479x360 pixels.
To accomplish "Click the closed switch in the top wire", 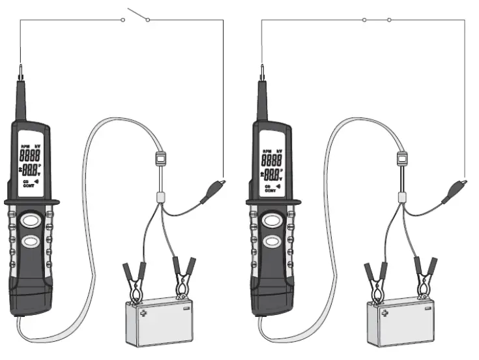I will pos(377,20).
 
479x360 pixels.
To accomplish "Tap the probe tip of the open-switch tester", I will pos(21,69).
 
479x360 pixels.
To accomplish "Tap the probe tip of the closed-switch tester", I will pos(263,69).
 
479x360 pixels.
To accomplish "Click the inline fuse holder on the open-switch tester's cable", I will pos(160,158).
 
